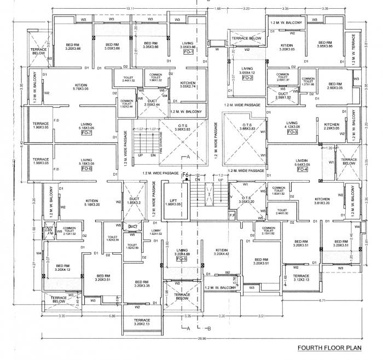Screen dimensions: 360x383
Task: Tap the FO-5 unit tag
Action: coord(182,259)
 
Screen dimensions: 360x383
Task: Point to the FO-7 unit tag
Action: coord(86,132)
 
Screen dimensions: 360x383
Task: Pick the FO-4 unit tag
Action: coord(302,169)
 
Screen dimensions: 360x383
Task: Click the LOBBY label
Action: coord(155,231)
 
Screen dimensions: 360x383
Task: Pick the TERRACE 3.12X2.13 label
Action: coord(301,278)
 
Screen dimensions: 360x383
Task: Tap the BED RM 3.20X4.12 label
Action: coord(63,267)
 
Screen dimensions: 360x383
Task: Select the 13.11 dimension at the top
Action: coord(129,8)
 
